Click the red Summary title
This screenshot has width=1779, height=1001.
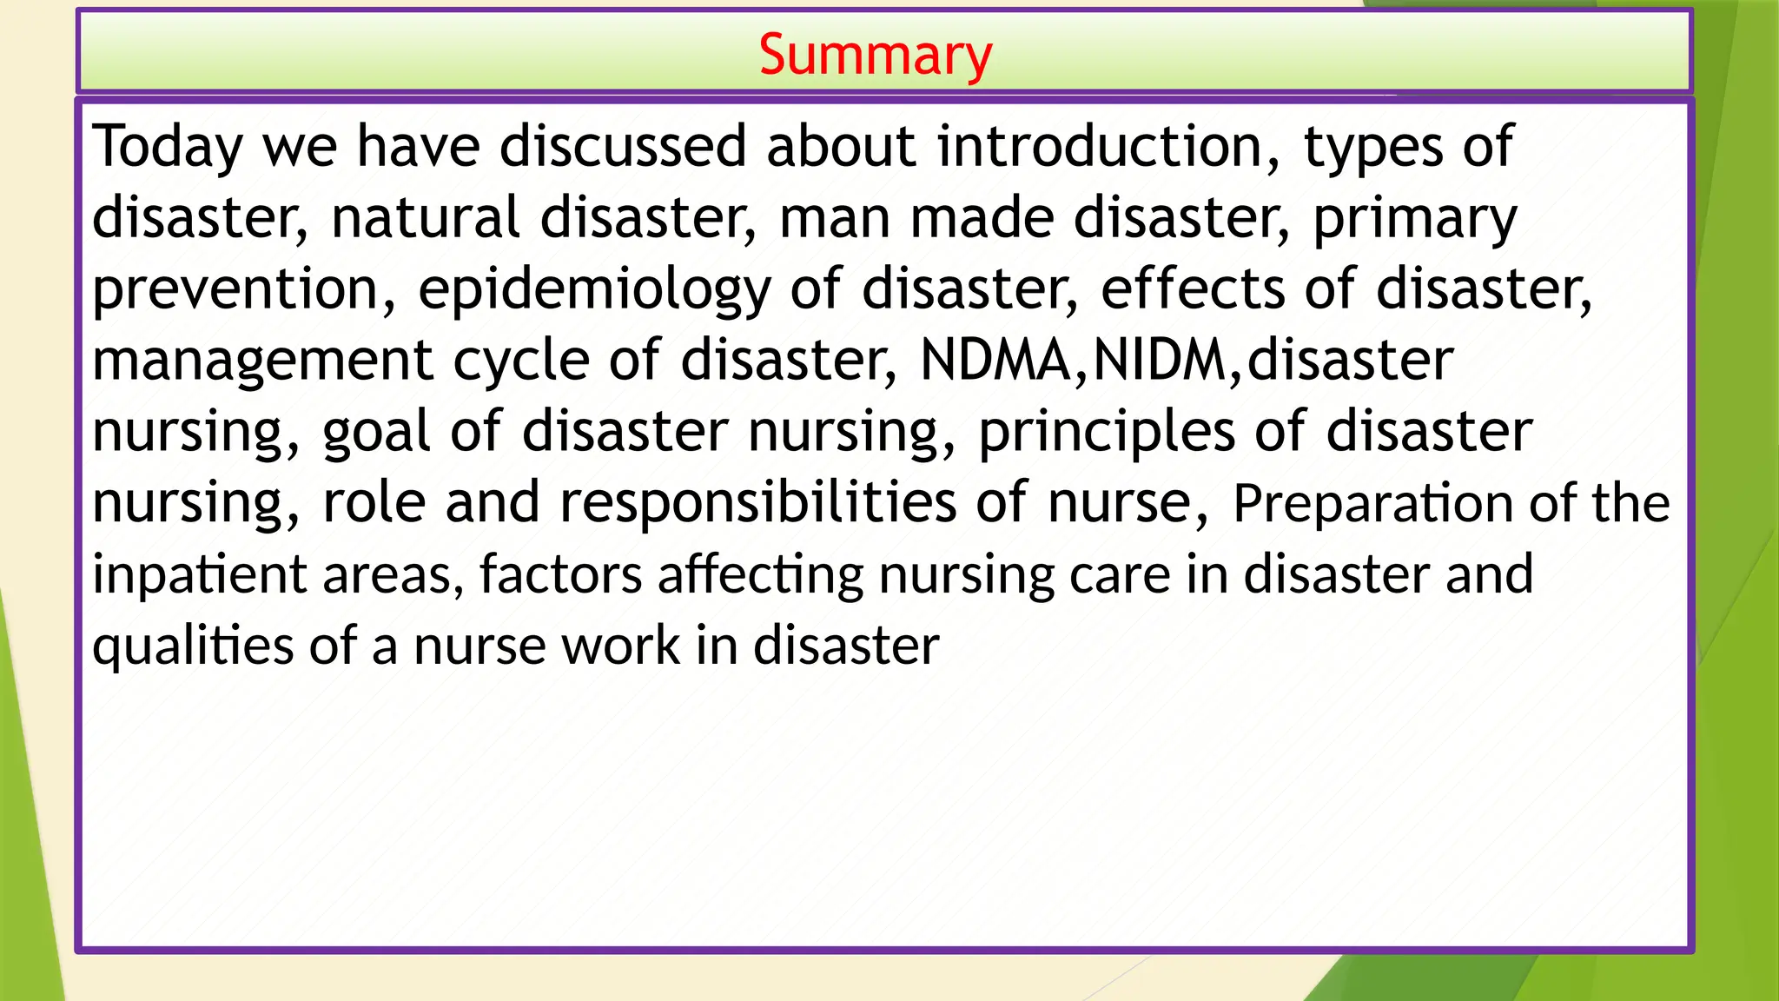pos(875,55)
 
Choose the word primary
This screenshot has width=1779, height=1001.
pos(1414,219)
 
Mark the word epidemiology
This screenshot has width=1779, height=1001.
pos(593,290)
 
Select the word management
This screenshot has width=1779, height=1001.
pos(262,361)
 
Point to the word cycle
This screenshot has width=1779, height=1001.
pos(521,361)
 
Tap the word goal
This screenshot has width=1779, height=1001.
pos(376,433)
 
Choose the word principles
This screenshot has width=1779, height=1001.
pos(1106,433)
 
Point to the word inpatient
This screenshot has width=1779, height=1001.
pos(199,575)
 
